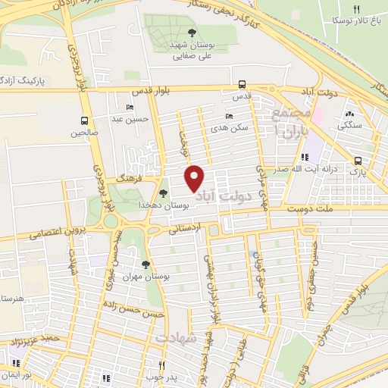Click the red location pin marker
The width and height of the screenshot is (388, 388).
click(195, 177)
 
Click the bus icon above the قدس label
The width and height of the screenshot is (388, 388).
click(241, 85)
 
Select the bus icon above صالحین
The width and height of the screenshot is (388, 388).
click(83, 120)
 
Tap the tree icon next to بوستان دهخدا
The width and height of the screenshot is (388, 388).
click(163, 194)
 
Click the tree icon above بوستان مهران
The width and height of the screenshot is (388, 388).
click(145, 264)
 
